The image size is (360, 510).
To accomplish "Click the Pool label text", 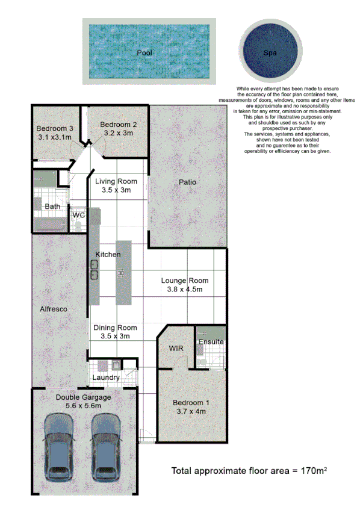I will click(144, 53).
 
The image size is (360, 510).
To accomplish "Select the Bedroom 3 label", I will click(54, 128).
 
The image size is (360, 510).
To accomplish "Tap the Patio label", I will click(188, 182).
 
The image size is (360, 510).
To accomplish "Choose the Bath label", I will click(52, 207).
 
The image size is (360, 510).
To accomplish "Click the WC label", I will click(78, 215).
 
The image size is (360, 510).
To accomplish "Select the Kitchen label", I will click(108, 255).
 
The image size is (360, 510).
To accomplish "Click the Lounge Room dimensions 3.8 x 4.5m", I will click(185, 290).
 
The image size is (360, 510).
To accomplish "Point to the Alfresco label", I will click(56, 309).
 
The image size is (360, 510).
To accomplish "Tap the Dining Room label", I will click(115, 328).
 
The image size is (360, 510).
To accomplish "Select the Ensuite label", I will click(211, 342).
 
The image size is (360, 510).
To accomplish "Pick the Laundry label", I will click(106, 378).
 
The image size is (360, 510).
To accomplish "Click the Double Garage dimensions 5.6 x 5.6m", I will click(84, 406).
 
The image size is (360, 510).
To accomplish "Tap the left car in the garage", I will click(59, 445).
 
